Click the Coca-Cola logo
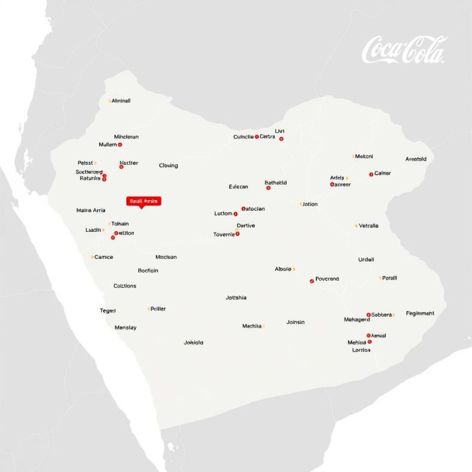pos(404,50)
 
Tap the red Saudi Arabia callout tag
pos(143,201)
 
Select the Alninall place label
pos(121,101)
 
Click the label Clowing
pos(168,166)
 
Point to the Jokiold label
pos(194,342)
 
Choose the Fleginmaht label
pos(420,314)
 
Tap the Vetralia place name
pos(369,226)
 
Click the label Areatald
pos(419,159)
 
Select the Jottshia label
pos(236,298)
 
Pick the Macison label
pos(166,257)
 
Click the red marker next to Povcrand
pos(312,281)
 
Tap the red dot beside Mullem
pos(120,145)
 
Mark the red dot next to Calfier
pos(371,174)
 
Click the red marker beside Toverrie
pos(238,234)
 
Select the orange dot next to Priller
pos(149,309)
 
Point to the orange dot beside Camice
pos(93,257)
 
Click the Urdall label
pos(366,260)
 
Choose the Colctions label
pos(124,286)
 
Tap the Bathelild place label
pos(276,183)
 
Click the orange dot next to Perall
pos(381,278)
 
